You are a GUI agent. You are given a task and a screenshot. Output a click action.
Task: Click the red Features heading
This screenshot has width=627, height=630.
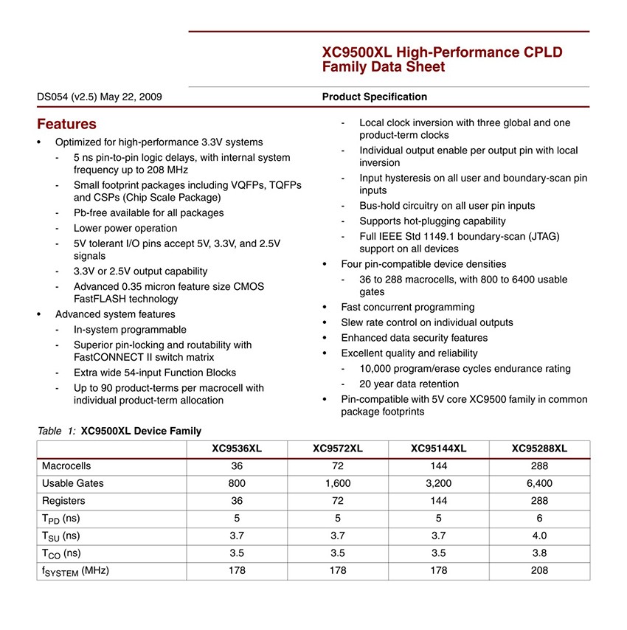pyautogui.click(x=66, y=124)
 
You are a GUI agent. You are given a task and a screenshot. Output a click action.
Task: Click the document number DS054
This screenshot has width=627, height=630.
pyautogui.click(x=53, y=97)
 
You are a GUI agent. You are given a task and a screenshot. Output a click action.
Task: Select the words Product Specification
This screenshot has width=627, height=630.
pyautogui.click(x=374, y=97)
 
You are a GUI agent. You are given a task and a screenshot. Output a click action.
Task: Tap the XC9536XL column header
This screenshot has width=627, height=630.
pyautogui.click(x=238, y=449)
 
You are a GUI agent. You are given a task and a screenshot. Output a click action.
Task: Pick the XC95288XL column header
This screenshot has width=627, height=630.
pyautogui.click(x=539, y=449)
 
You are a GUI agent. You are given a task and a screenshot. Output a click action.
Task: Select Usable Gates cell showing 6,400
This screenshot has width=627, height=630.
pyautogui.click(x=539, y=483)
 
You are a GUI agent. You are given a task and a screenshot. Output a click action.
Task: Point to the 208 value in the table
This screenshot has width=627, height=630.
pyautogui.click(x=539, y=570)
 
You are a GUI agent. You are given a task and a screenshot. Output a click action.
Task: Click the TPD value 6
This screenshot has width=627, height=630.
pyautogui.click(x=539, y=518)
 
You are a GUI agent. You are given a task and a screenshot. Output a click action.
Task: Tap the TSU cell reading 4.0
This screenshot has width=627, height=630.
pyautogui.click(x=539, y=536)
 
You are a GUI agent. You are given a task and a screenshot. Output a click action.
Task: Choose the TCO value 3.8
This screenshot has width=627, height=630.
pyautogui.click(x=539, y=553)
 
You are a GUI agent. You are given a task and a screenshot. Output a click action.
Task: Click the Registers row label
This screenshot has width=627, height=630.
pyautogui.click(x=64, y=501)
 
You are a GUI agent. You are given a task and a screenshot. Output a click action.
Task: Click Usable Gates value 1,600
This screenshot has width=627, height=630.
pyautogui.click(x=337, y=483)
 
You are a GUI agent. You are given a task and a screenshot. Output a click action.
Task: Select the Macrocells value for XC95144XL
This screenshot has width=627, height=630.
pyautogui.click(x=439, y=466)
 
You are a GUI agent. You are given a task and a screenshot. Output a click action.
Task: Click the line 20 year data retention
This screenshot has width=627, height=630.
pyautogui.click(x=409, y=384)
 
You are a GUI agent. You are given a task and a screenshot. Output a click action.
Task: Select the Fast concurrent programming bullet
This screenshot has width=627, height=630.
pyautogui.click(x=407, y=307)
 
